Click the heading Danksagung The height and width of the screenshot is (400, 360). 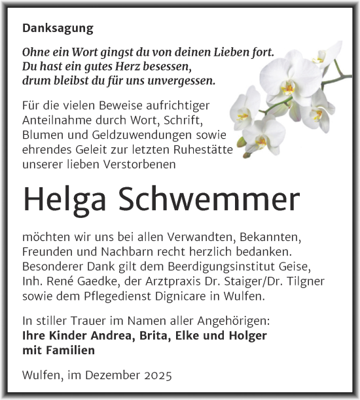[58, 29]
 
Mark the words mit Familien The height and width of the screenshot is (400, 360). [58, 350]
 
